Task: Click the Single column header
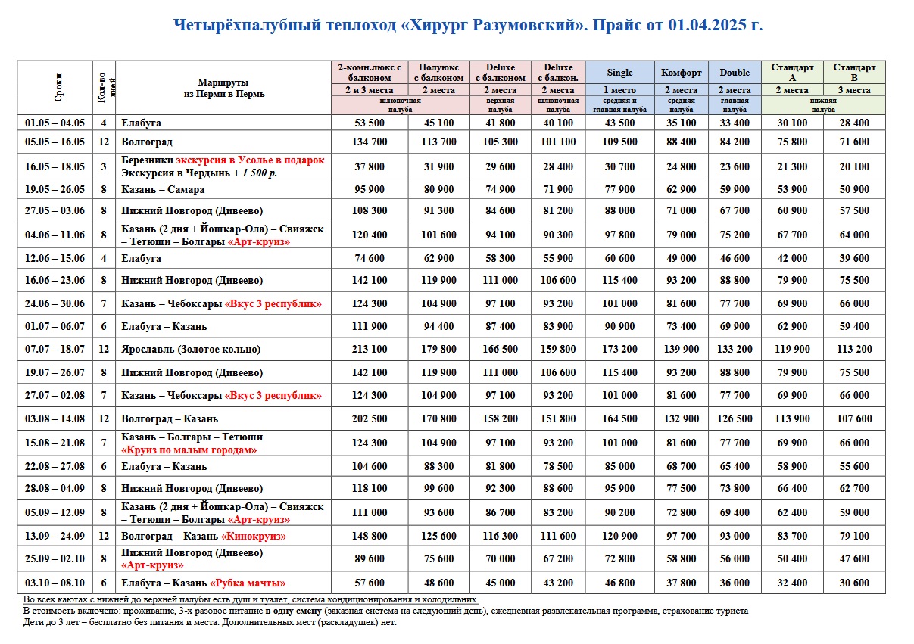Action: tap(619, 73)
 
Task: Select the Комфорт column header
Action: tap(681, 73)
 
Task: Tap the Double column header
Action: tap(735, 73)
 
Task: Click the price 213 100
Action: tap(370, 349)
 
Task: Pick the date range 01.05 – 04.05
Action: tap(55, 123)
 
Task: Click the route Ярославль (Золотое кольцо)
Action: tap(191, 349)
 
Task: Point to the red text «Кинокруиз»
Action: tap(254, 536)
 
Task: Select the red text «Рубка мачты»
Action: tap(248, 583)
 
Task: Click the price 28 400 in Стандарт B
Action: tap(854, 123)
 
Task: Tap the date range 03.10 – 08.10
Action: tap(55, 583)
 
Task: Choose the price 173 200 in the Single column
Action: tap(619, 349)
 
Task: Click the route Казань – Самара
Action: tap(163, 190)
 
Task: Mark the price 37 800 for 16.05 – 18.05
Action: tap(370, 166)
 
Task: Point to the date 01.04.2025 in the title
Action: tap(707, 25)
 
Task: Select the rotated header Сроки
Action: tap(58, 87)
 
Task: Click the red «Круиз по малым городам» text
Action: tap(189, 450)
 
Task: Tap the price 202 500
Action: tap(370, 418)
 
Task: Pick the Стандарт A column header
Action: tap(792, 73)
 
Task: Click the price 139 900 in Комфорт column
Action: tap(681, 349)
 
